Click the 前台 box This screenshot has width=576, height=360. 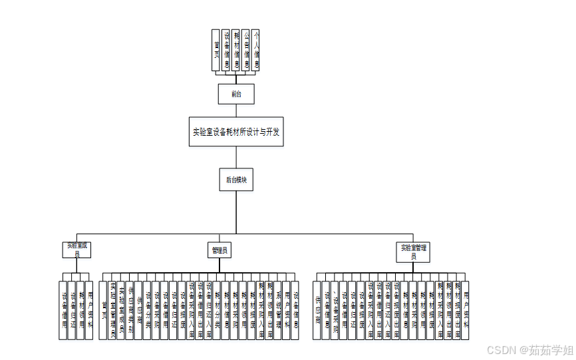pyautogui.click(x=236, y=94)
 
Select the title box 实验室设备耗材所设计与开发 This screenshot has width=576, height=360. pyautogui.click(x=236, y=132)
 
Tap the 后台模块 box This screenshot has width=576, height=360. pyautogui.click(x=236, y=180)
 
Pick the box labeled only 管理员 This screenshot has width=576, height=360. pyautogui.click(x=220, y=251)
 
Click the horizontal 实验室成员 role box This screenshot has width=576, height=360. pyautogui.click(x=77, y=250)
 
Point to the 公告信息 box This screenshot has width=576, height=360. pyautogui.click(x=245, y=50)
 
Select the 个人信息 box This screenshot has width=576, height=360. pyautogui.click(x=255, y=50)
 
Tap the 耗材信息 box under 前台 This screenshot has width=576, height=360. pyautogui.click(x=235, y=50)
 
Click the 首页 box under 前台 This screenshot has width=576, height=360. pyautogui.click(x=216, y=50)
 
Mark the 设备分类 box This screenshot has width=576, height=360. pyautogui.click(x=148, y=310)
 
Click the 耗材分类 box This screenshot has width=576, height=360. pyautogui.click(x=217, y=310)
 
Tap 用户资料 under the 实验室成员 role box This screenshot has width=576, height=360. pyautogui.click(x=90, y=310)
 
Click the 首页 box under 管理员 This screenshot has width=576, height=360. pyautogui.click(x=104, y=310)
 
